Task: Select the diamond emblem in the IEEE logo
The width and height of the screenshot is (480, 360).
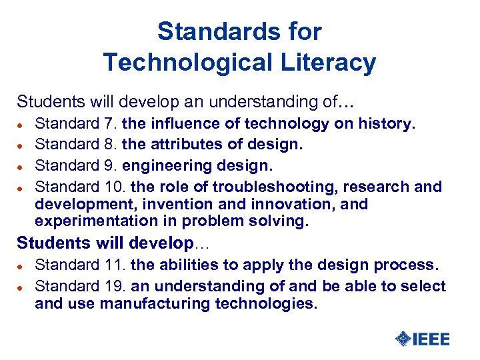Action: tap(403, 339)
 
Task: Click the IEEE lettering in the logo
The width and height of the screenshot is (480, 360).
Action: tap(431, 339)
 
